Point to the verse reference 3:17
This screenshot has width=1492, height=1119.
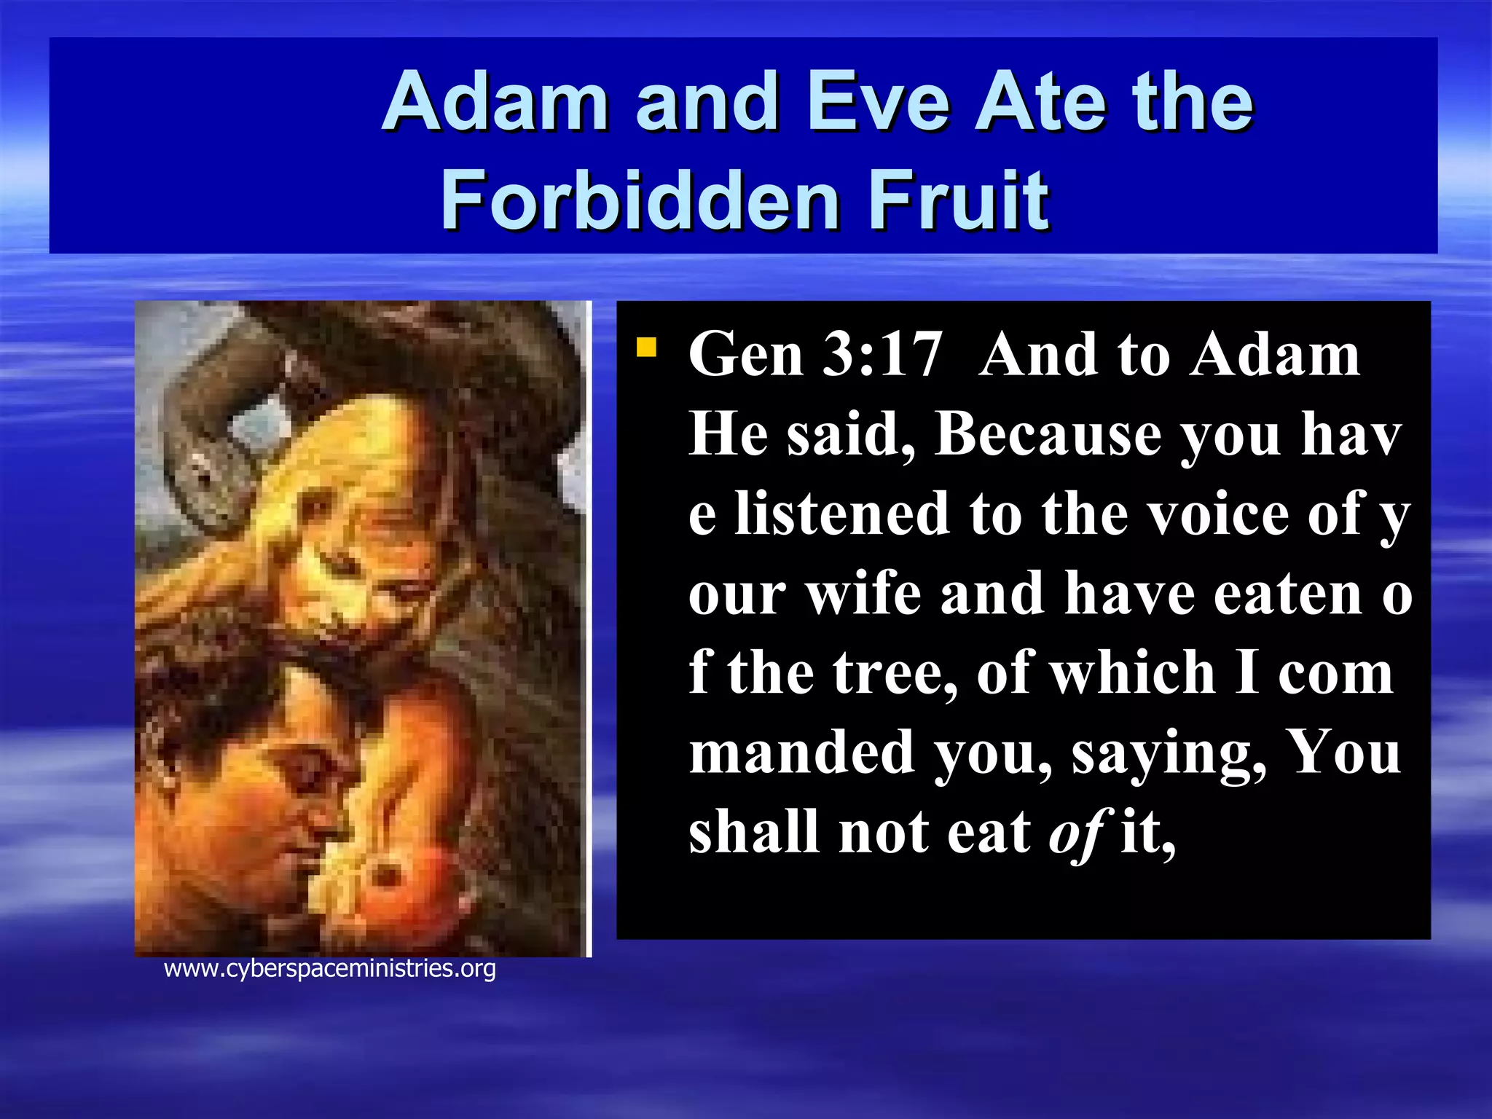pyautogui.click(x=882, y=355)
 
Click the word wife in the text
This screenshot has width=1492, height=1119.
pyautogui.click(x=864, y=594)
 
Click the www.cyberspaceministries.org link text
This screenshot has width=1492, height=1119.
pyautogui.click(x=330, y=969)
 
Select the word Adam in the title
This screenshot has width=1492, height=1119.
pyautogui.click(x=495, y=102)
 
